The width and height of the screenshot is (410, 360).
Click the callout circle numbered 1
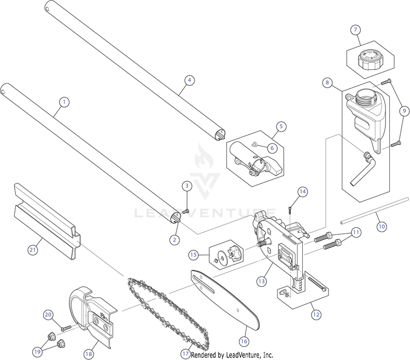[65, 102]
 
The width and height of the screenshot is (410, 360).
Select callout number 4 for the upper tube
[189, 80]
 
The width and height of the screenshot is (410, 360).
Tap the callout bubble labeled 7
[355, 29]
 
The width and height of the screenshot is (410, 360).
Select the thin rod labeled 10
[374, 210]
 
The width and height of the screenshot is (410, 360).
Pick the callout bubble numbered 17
[186, 353]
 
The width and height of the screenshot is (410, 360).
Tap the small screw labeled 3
[185, 210]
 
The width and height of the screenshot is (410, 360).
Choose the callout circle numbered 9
[405, 110]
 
